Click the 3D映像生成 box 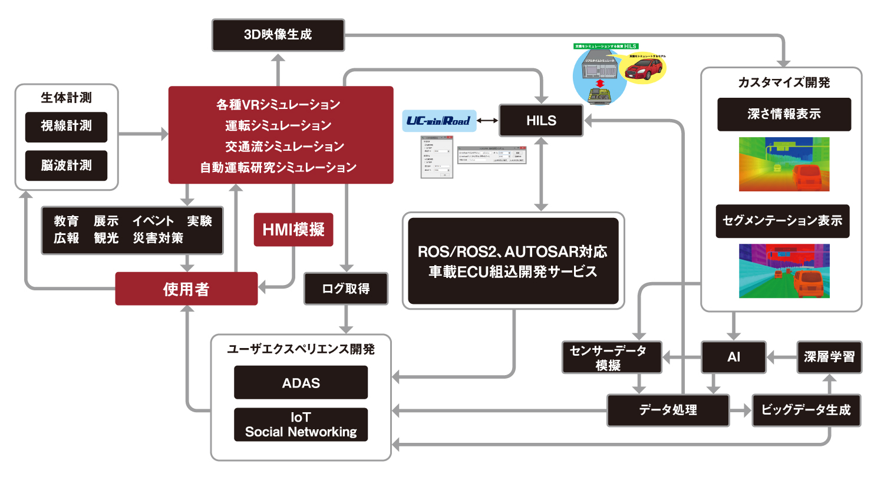tap(278, 35)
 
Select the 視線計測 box tap(66, 126)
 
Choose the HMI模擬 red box tap(293, 229)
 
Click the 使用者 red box tap(186, 289)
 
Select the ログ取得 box tap(345, 289)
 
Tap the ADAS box tap(301, 382)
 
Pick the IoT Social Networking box tap(301, 425)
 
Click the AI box tap(733, 357)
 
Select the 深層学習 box tap(829, 357)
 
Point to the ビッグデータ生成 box tap(806, 410)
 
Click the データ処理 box tap(668, 410)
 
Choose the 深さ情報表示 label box tap(784, 114)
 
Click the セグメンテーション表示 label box tap(783, 221)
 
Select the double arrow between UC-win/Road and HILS tap(484, 121)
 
